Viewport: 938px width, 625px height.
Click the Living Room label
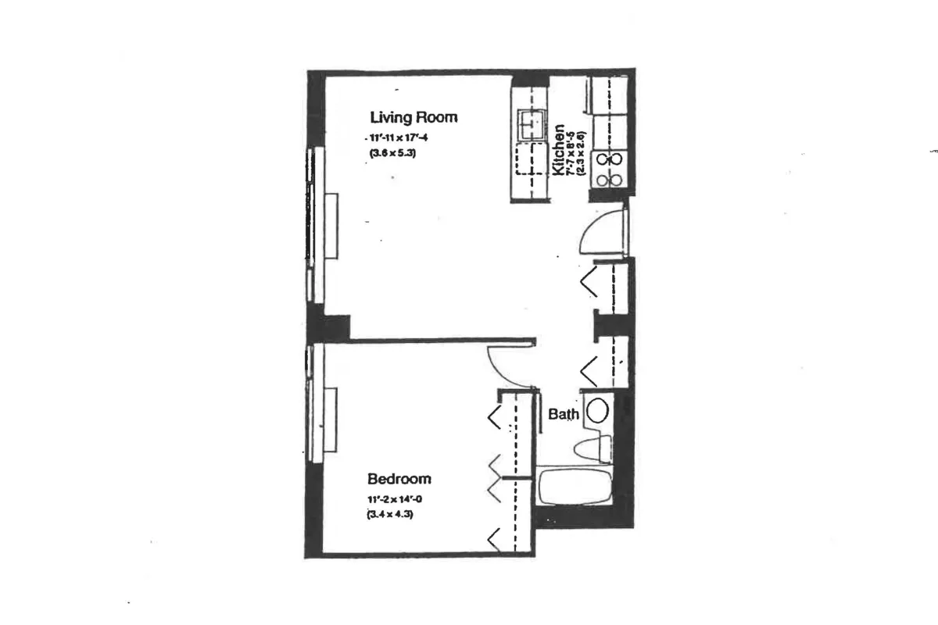[414, 117]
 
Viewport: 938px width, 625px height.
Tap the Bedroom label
[399, 478]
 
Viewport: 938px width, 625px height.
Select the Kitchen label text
[559, 150]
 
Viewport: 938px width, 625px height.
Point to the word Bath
[564, 414]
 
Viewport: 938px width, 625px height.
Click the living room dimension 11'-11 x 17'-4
[398, 138]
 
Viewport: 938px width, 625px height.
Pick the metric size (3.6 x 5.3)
[392, 154]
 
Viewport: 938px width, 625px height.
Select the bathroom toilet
[592, 448]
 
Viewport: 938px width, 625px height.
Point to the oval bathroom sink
[597, 411]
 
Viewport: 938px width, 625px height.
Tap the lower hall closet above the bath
[612, 362]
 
